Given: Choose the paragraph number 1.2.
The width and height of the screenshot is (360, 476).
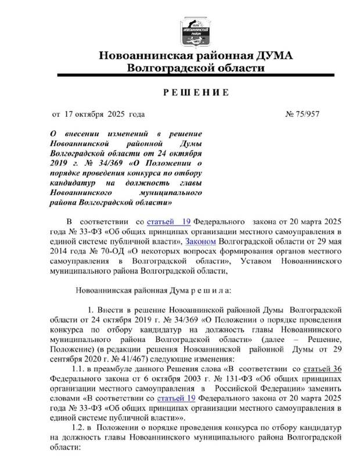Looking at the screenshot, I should click(x=78, y=428).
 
